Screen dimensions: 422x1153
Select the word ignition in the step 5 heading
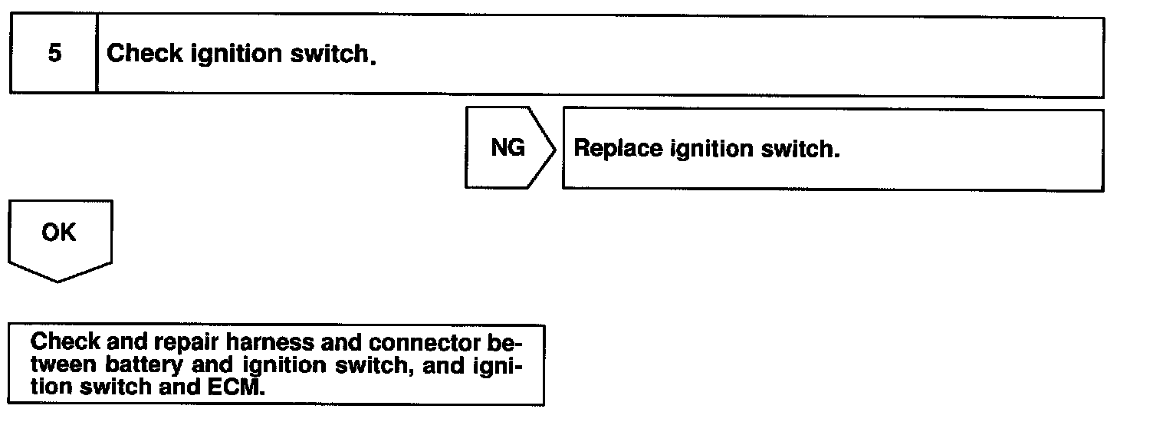(228, 54)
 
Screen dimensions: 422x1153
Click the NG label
(508, 148)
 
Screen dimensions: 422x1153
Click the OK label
(59, 232)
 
